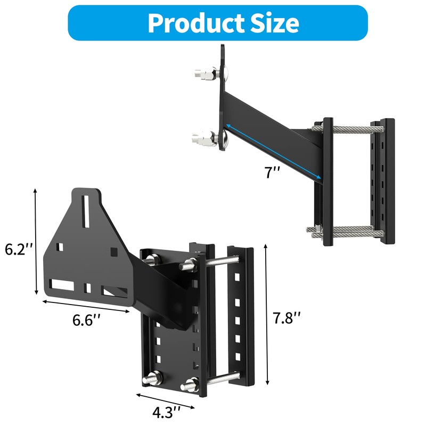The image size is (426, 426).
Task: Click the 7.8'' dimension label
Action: (x=287, y=318)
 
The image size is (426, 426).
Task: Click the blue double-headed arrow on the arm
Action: (x=272, y=151)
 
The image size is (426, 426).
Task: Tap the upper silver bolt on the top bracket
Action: (x=204, y=73)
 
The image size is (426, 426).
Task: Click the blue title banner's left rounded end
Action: (x=75, y=23)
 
